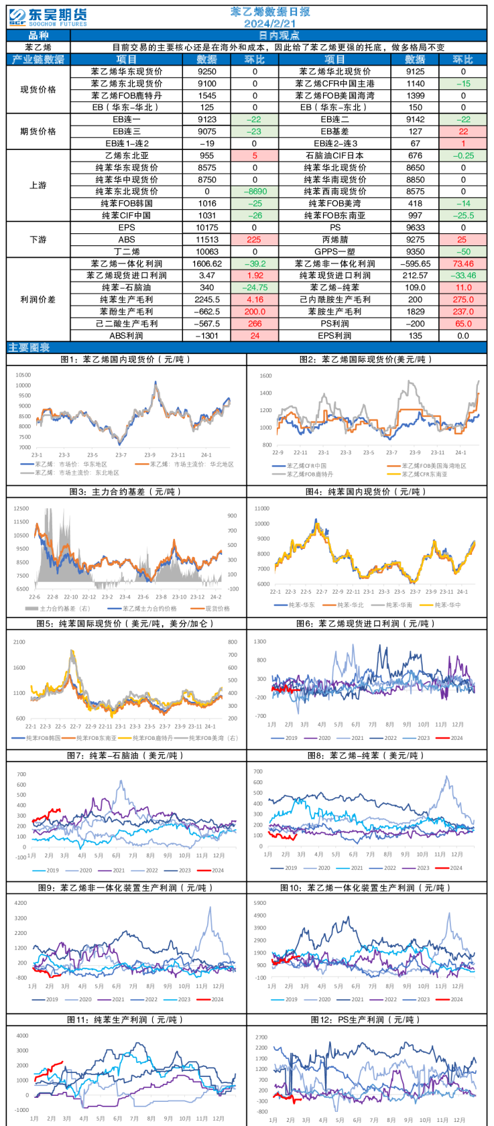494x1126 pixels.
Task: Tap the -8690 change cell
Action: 255,192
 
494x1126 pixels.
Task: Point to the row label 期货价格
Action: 38,131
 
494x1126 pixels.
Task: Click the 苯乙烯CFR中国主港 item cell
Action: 334,84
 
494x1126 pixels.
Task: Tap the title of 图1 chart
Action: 126,359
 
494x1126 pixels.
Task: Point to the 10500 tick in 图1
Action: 23,375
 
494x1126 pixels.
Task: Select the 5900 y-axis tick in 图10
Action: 259,903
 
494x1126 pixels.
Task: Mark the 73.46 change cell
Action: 463,264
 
